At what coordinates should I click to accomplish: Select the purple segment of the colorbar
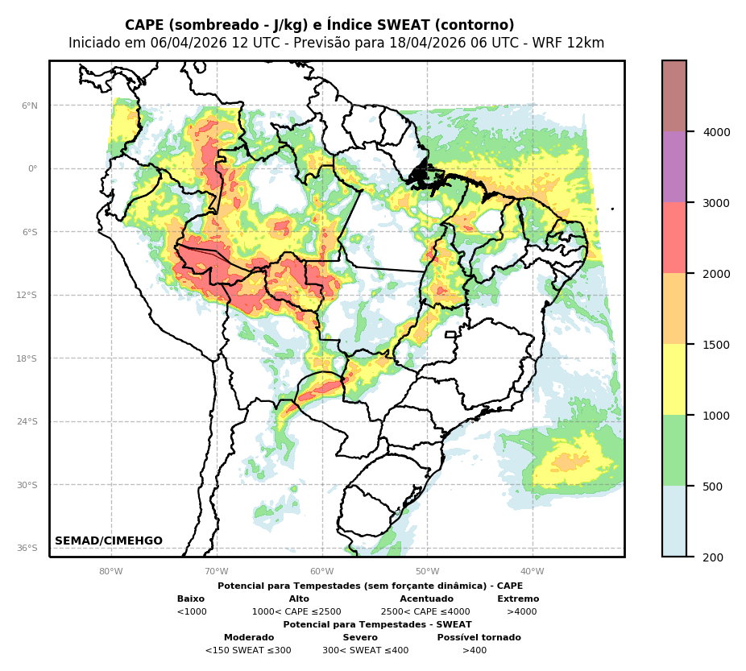pyautogui.click(x=674, y=167)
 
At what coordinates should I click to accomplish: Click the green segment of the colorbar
pyautogui.click(x=674, y=450)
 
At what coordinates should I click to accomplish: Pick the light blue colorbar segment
pyautogui.click(x=674, y=521)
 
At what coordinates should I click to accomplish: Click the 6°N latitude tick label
pyautogui.click(x=29, y=106)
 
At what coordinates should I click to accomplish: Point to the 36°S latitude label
pyautogui.click(x=27, y=548)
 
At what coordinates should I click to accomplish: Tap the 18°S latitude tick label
pyautogui.click(x=27, y=358)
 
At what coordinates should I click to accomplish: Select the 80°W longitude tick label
pyautogui.click(x=111, y=572)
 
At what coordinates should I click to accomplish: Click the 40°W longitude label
pyautogui.click(x=533, y=572)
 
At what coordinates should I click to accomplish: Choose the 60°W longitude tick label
pyautogui.click(x=321, y=572)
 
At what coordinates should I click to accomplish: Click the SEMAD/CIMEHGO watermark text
pyautogui.click(x=109, y=541)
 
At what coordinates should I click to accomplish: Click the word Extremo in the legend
pyautogui.click(x=518, y=599)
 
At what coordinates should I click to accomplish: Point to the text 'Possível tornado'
pyautogui.click(x=479, y=638)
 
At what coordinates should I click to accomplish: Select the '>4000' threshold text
pyautogui.click(x=521, y=612)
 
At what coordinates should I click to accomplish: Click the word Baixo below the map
pyautogui.click(x=191, y=599)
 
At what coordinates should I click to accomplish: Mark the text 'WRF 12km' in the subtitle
pyautogui.click(x=573, y=43)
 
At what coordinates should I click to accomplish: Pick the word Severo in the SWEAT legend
pyautogui.click(x=360, y=638)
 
